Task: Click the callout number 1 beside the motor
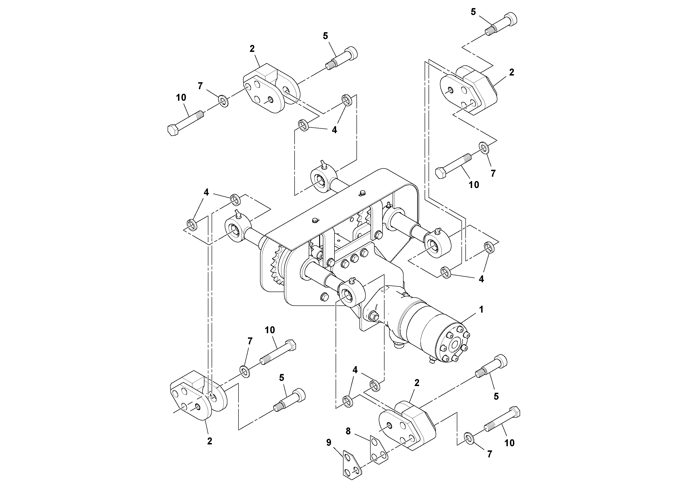[x=481, y=310]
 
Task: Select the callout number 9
[x=328, y=442]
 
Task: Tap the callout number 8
[x=348, y=431]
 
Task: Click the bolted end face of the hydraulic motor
[x=454, y=345]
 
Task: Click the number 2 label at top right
[x=512, y=72]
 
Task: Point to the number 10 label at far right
[x=509, y=443]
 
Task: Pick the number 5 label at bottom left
[x=281, y=378]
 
